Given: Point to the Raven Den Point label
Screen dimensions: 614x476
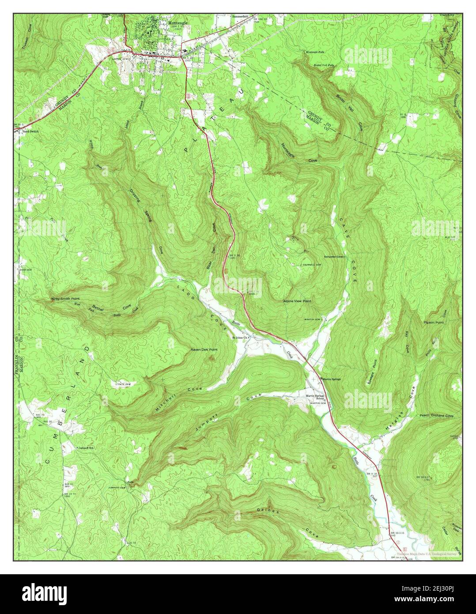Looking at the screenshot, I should (204, 349).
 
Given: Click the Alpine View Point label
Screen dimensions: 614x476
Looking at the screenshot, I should (297, 301).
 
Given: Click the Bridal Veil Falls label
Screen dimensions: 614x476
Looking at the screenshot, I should (324, 65).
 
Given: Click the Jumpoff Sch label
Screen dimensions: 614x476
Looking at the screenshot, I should (87, 447).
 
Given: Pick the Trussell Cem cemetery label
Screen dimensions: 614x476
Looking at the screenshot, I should (310, 265).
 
